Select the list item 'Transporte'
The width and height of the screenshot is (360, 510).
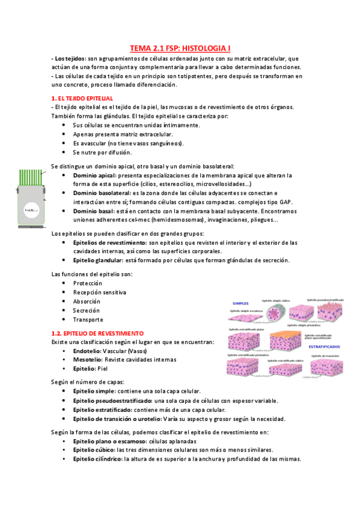pos(88,319)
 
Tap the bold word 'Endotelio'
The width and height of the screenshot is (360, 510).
pos(87,351)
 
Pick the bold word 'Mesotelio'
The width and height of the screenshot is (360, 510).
pos(87,360)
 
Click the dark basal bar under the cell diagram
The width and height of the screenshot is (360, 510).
pos(31,227)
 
